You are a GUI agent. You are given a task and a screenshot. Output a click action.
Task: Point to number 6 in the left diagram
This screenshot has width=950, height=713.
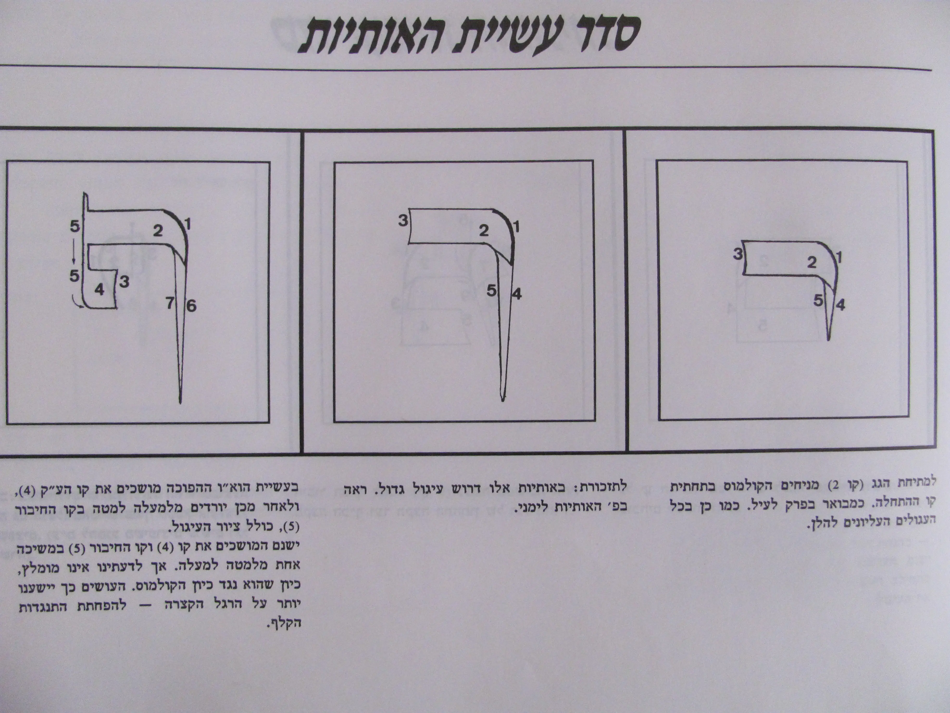pyautogui.click(x=191, y=306)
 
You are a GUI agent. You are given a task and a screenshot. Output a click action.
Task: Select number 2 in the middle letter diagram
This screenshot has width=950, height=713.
pyautogui.click(x=484, y=231)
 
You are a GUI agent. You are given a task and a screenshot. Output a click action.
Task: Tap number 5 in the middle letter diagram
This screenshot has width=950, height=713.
pyautogui.click(x=491, y=291)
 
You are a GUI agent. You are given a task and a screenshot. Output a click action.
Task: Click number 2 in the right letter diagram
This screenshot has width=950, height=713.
pyautogui.click(x=811, y=262)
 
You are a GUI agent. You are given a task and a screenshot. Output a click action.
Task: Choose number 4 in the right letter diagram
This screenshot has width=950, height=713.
pyautogui.click(x=840, y=305)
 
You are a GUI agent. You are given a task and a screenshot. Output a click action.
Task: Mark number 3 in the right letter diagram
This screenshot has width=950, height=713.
pyautogui.click(x=738, y=254)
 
